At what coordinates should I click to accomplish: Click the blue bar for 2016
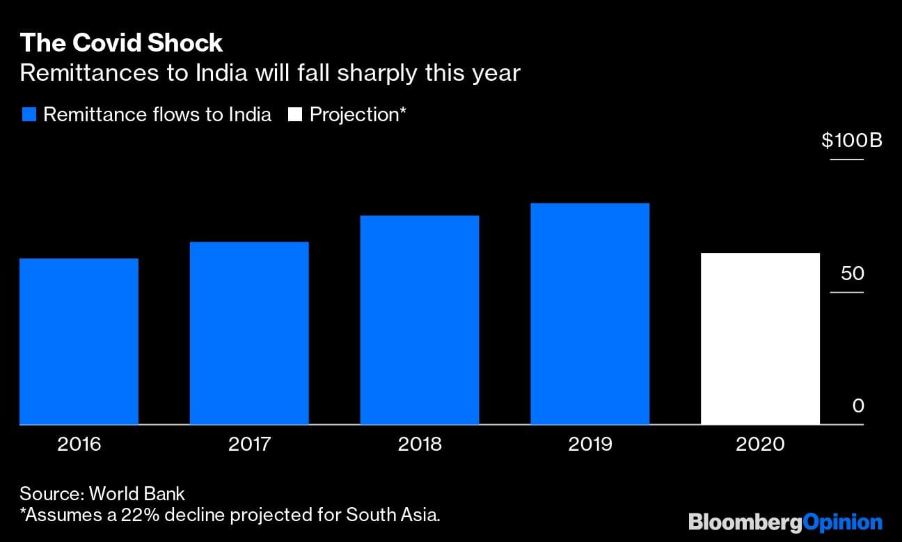pos(79,341)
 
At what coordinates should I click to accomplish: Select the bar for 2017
pos(249,333)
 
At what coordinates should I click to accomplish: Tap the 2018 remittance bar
pos(419,320)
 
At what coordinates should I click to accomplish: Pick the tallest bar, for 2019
pos(590,313)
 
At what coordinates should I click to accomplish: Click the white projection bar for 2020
pos(760,339)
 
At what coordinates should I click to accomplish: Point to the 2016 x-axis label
pos(79,444)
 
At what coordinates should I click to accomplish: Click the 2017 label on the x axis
pos(249,444)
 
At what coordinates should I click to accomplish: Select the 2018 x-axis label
pos(419,444)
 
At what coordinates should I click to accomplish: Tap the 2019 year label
pos(590,444)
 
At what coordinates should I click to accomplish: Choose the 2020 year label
pos(760,444)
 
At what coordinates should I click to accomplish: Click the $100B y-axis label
pos(851,141)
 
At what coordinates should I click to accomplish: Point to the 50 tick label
pos(852,273)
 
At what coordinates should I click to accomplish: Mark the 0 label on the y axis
pos(858,405)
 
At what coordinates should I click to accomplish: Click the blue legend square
pos(29,115)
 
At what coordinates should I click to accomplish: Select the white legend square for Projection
pos(295,115)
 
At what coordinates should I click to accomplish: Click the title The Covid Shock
pos(121,43)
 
